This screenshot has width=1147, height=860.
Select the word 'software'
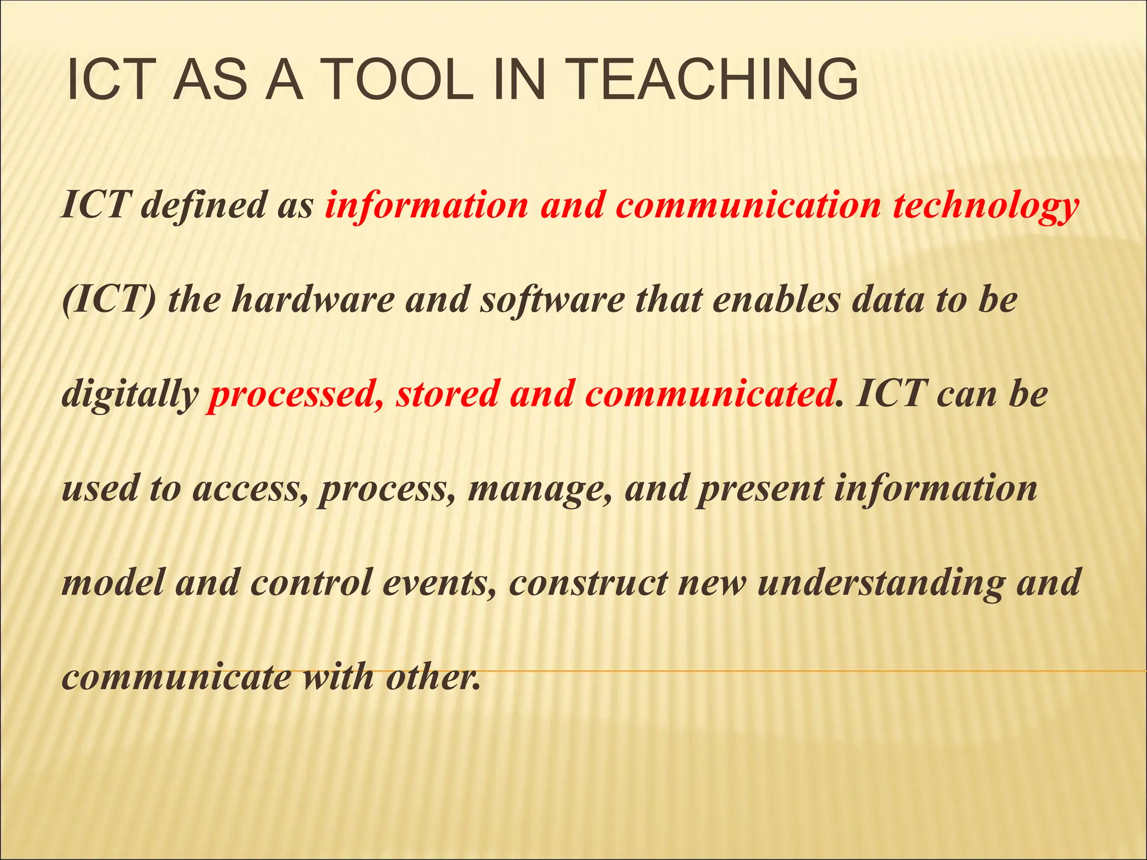click(552, 300)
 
